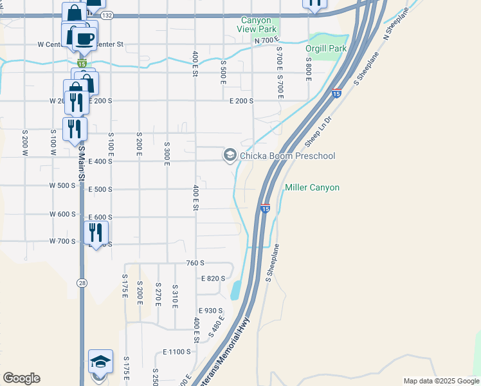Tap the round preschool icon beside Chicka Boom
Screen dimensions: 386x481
(230, 155)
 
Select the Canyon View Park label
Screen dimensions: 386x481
(257, 24)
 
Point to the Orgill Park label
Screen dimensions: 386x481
(326, 48)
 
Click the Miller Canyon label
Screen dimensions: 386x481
(312, 187)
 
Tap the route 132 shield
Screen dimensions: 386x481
(107, 15)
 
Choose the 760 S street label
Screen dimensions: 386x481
(194, 262)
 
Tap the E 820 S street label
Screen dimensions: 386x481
(213, 279)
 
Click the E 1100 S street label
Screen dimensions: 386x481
(177, 352)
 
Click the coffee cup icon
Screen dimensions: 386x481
(84, 38)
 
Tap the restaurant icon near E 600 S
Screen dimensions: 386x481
(96, 232)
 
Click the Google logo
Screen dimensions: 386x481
(21, 378)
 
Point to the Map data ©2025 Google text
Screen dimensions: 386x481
(441, 381)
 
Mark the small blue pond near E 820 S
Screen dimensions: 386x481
(235, 291)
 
